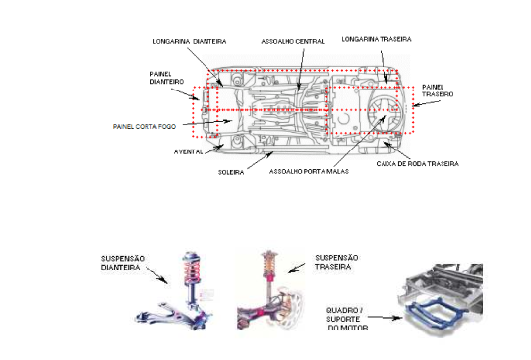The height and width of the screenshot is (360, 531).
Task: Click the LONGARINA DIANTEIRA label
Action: [190, 42]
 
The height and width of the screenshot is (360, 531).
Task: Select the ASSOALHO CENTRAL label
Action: [292, 42]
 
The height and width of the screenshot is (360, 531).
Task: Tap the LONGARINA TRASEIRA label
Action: [377, 39]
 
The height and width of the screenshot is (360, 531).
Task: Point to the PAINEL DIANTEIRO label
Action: [166, 78]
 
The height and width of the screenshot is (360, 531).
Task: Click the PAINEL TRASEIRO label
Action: [438, 90]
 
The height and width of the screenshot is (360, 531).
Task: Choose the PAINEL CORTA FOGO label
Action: [145, 127]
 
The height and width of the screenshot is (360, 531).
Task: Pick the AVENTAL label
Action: [188, 152]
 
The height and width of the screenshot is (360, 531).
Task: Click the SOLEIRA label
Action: [231, 172]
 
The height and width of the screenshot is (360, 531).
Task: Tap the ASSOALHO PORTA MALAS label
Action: [309, 172]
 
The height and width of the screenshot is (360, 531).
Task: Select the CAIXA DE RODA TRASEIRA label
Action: [418, 164]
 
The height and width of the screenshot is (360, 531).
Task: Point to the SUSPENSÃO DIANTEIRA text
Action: [123, 263]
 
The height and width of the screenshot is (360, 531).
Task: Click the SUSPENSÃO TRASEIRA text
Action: [336, 262]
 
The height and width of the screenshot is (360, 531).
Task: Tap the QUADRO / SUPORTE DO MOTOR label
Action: [347, 319]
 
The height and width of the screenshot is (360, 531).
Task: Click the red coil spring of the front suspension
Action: [192, 270]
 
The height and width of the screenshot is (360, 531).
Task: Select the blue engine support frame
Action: [435, 311]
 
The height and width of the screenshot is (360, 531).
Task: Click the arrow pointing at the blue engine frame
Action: [385, 318]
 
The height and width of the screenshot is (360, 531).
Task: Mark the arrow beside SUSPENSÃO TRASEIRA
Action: [296, 268]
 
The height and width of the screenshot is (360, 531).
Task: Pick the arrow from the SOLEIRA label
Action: [260, 161]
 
